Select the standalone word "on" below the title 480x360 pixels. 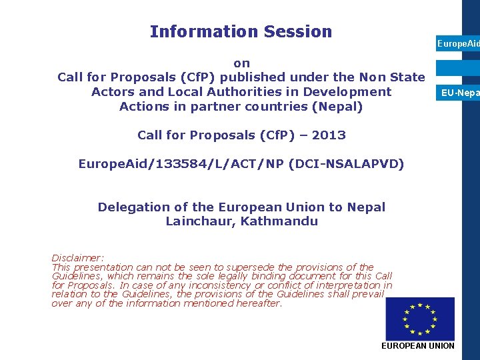(241, 63)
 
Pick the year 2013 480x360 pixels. (329, 135)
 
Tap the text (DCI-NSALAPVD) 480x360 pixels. (347, 164)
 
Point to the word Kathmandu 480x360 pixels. (279, 221)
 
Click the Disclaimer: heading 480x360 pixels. (78, 258)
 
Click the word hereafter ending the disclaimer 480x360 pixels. (257, 303)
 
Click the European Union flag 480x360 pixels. (420, 319)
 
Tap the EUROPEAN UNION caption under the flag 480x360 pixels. (417, 345)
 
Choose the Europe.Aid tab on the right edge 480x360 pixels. (458, 43)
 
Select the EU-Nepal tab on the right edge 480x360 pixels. (460, 93)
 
